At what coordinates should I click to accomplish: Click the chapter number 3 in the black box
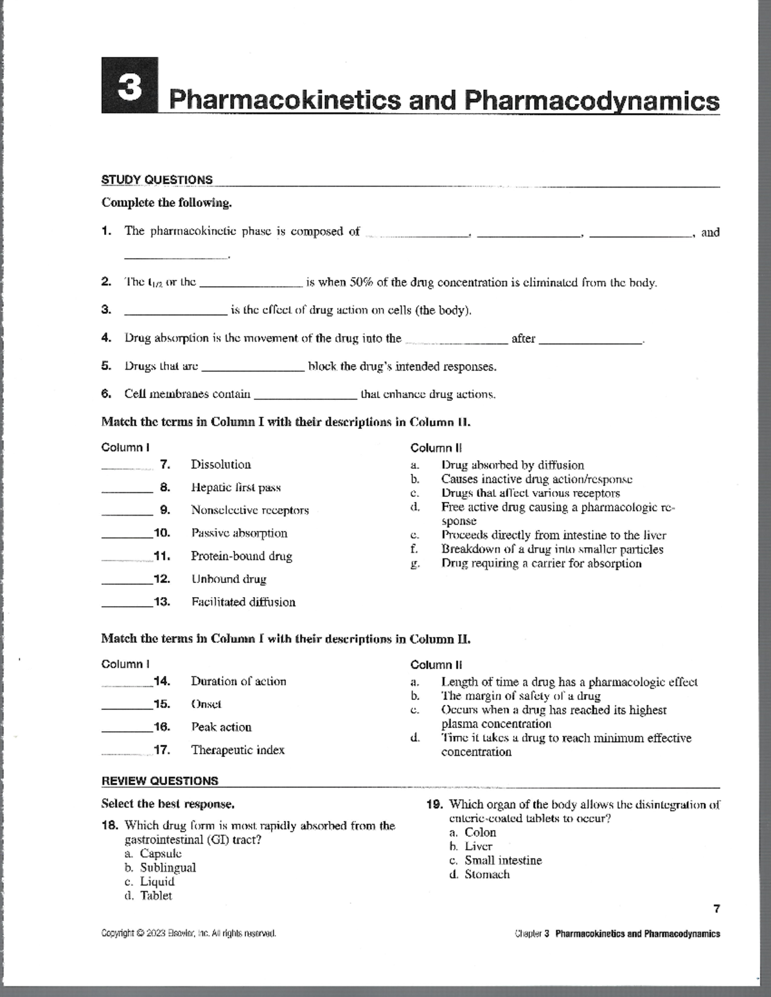tap(130, 87)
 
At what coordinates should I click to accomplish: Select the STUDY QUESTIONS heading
tap(157, 180)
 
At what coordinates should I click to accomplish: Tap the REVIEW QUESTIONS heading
tap(160, 781)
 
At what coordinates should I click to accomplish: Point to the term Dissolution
tap(220, 464)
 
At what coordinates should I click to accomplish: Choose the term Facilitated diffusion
tap(243, 602)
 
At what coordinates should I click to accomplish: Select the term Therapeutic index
tap(237, 750)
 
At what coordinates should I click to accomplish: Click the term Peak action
tap(221, 727)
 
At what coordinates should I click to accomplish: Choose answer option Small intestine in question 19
tap(503, 860)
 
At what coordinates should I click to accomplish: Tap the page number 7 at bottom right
tap(716, 908)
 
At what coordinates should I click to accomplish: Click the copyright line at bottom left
tap(189, 933)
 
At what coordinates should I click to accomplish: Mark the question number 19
tap(436, 804)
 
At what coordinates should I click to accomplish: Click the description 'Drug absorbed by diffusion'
tap(512, 465)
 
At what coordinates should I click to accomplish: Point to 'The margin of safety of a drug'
tap(520, 696)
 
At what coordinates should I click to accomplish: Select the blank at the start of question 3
tap(175, 311)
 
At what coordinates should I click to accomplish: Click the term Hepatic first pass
tap(236, 487)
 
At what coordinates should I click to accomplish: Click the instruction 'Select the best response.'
tap(168, 804)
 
